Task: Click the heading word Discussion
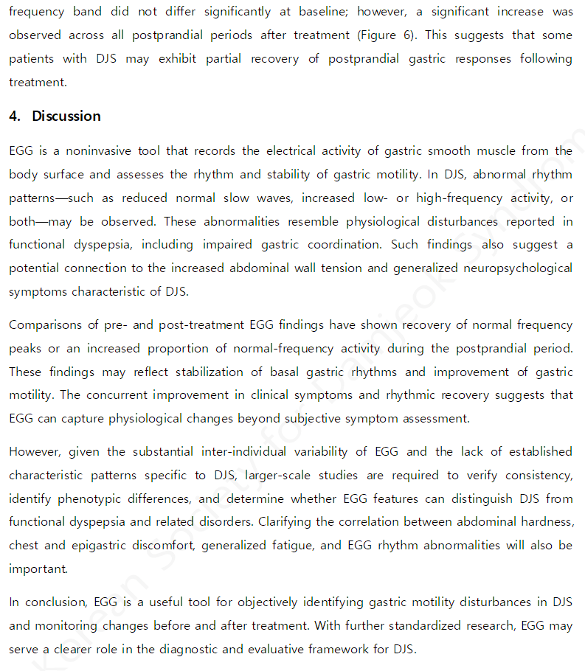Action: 66,116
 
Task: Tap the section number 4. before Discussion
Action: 15,116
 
